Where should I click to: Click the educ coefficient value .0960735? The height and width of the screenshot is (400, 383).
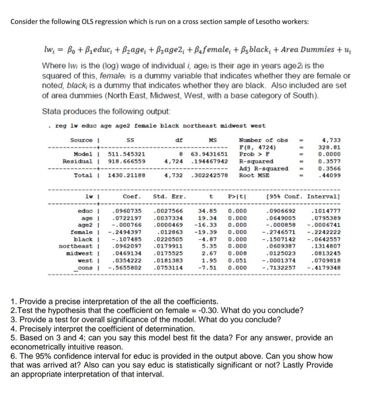(x=127, y=211)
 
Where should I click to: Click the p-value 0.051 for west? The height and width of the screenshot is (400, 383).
(x=237, y=261)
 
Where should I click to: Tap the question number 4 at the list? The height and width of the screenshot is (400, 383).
(x=14, y=329)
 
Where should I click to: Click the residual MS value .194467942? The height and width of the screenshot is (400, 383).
(x=209, y=161)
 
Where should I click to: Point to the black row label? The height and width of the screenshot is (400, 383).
(x=83, y=239)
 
